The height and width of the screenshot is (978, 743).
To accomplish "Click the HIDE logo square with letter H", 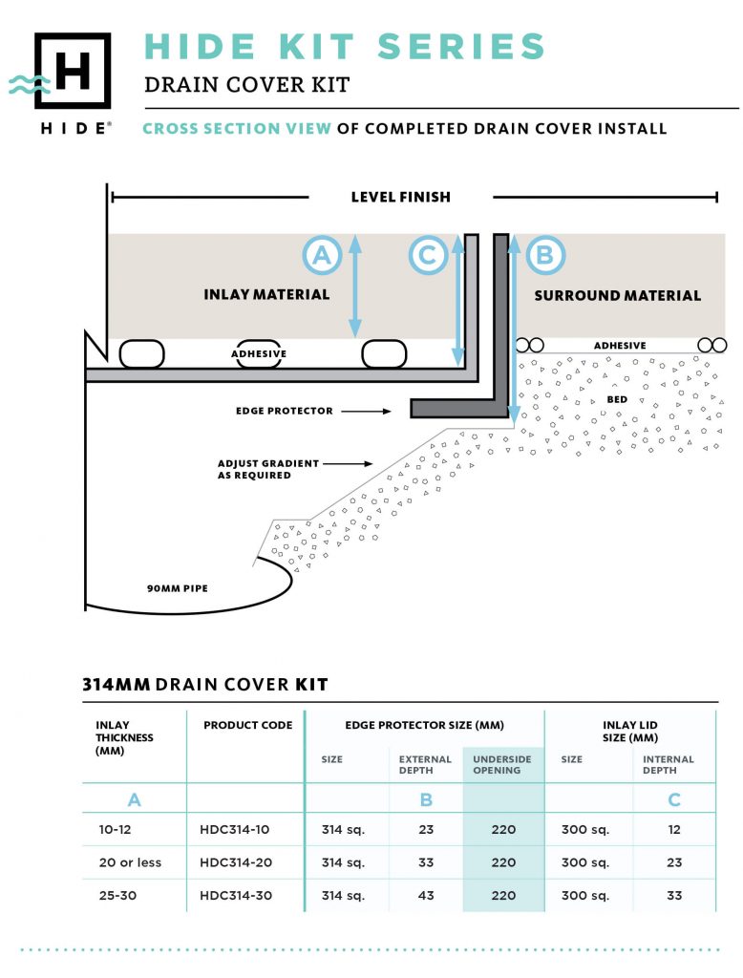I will [x=73, y=71].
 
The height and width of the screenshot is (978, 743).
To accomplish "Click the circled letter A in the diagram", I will [x=322, y=255].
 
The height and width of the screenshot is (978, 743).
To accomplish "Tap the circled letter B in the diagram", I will [x=545, y=255].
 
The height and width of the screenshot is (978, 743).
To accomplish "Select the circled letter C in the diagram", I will [x=428, y=255].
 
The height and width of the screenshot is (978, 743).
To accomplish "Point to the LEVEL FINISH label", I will [x=400, y=198].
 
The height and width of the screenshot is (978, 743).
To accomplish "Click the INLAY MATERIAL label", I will [x=266, y=295].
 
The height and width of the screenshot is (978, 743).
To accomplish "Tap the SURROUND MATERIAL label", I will [x=617, y=296].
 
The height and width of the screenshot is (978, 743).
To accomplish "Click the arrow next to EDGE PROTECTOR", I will [x=367, y=411].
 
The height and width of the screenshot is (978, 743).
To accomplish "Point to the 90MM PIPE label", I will [x=177, y=588].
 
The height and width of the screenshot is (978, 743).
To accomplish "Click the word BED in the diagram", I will [x=617, y=399].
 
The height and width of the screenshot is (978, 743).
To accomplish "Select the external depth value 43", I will [x=426, y=895].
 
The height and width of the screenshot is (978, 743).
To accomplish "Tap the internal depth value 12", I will [x=674, y=830].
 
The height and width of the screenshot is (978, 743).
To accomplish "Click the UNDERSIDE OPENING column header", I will [x=502, y=764].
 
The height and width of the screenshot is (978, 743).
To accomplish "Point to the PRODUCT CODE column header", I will [x=247, y=726].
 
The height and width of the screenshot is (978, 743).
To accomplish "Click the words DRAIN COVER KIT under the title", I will [x=246, y=85].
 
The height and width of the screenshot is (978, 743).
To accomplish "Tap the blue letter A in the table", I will [x=135, y=798].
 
